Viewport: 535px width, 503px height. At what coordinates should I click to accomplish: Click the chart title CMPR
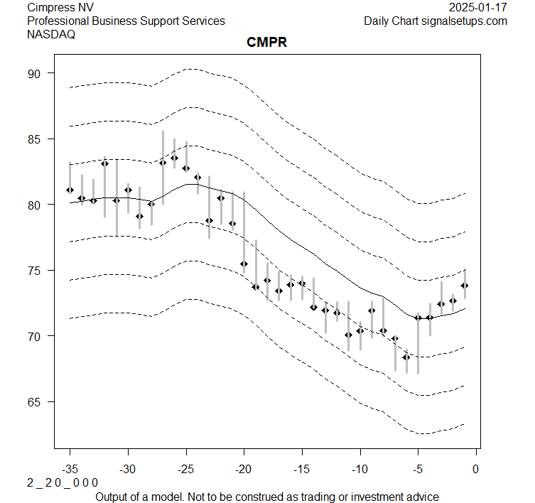click(x=266, y=43)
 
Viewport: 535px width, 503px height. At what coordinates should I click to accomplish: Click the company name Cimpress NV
click(x=60, y=8)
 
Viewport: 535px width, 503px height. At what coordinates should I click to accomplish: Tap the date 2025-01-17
click(x=478, y=8)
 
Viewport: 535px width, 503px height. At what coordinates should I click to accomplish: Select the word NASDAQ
click(x=51, y=34)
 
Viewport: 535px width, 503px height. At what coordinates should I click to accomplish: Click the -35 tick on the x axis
click(x=70, y=469)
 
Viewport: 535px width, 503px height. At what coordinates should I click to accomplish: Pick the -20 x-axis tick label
click(x=244, y=469)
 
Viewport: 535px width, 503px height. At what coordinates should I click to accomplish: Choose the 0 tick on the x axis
click(x=476, y=469)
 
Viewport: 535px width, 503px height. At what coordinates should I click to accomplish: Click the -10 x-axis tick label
click(x=360, y=469)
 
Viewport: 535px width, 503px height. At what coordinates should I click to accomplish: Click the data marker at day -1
click(x=465, y=286)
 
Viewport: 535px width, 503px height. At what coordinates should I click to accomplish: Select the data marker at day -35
click(x=70, y=190)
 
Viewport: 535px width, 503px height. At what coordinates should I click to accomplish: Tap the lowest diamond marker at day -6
click(x=406, y=357)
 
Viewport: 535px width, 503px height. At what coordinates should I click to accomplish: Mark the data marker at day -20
click(x=244, y=264)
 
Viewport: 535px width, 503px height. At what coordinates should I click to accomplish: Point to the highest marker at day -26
click(x=174, y=158)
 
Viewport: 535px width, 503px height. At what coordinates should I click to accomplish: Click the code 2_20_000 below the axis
click(x=63, y=483)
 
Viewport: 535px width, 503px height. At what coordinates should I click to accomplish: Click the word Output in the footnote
click(x=113, y=497)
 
